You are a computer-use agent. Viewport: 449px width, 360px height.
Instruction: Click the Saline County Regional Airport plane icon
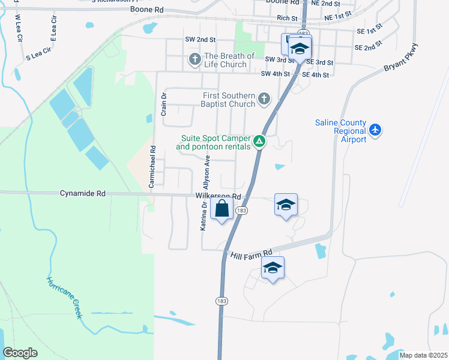[x=375, y=130]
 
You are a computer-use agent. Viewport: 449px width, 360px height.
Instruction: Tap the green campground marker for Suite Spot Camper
[x=259, y=142]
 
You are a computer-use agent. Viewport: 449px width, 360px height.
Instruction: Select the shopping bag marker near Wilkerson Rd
[x=222, y=209]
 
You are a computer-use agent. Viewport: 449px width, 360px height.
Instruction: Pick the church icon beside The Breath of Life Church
[x=194, y=59]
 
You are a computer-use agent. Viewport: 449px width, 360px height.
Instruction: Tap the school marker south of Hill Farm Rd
[x=273, y=269]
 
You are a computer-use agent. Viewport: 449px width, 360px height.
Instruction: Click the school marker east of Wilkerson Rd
[x=286, y=205]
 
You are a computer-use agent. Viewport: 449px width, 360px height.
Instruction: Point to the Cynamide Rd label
[x=83, y=194]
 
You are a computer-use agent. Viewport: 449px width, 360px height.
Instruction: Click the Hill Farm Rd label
[x=252, y=254]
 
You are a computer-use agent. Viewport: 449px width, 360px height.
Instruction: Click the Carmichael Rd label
[x=152, y=167]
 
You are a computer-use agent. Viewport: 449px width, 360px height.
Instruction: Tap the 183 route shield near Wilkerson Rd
[x=241, y=211]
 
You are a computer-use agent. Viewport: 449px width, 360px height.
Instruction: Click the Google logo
[x=20, y=353]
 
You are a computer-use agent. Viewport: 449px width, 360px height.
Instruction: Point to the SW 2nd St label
[x=200, y=39]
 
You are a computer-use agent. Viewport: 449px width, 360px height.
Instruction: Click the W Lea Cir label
[x=18, y=28]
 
